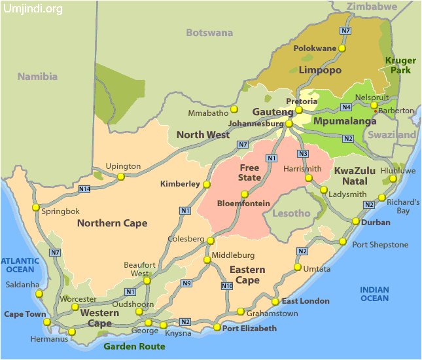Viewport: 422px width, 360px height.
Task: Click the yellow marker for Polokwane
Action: (x=342, y=48)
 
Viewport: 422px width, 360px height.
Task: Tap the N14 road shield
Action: (x=84, y=190)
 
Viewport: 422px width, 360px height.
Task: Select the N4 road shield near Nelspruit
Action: (x=346, y=107)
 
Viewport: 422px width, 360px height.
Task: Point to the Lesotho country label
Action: (x=291, y=213)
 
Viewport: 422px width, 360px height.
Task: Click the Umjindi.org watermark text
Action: (x=33, y=9)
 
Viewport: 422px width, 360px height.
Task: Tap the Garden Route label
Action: (x=134, y=346)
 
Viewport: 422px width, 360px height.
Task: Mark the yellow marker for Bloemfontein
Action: (x=245, y=194)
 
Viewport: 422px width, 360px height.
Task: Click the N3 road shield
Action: (x=302, y=154)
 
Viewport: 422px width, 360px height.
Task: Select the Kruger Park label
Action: (x=400, y=65)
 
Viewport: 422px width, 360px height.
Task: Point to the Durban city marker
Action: (x=355, y=222)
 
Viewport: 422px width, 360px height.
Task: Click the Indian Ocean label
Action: (x=374, y=294)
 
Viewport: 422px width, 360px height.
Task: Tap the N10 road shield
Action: (x=227, y=286)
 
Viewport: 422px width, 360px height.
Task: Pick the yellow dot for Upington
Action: (x=121, y=176)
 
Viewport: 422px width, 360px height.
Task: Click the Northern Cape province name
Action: (x=112, y=223)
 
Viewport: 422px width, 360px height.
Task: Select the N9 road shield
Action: (x=186, y=283)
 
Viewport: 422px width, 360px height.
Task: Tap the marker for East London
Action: (x=275, y=302)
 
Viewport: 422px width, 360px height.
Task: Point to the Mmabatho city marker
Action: (x=234, y=109)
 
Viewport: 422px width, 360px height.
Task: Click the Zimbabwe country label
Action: (x=372, y=7)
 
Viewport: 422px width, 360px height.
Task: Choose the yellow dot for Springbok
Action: (x=36, y=207)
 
